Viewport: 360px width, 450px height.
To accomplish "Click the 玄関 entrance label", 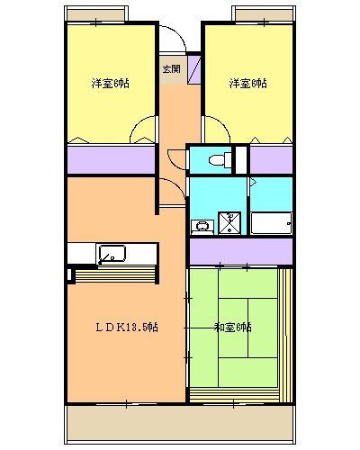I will [171, 68].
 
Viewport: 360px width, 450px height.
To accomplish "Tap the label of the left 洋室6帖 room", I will [110, 84].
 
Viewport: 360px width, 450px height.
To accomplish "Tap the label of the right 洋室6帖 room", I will [247, 84].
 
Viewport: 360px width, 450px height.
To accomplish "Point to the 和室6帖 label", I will [233, 327].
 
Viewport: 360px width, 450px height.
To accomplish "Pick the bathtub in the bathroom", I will [270, 223].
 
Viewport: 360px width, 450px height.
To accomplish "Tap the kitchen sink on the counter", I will [112, 254].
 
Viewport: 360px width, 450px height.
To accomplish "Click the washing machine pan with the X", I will [231, 221].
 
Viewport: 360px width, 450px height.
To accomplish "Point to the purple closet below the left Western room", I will [110, 159].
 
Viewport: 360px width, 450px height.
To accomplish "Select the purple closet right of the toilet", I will [271, 159].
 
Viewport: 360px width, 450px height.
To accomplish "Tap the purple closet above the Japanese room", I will [240, 251].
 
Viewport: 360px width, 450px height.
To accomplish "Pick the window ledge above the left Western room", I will [99, 15].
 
